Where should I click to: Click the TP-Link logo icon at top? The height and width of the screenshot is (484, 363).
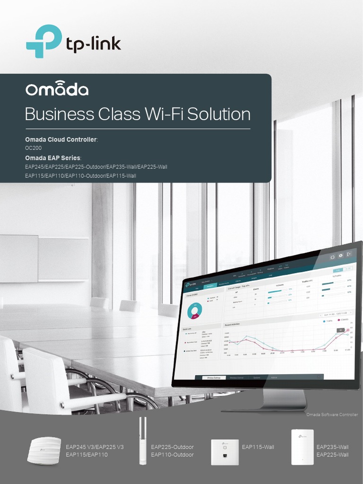[43, 41]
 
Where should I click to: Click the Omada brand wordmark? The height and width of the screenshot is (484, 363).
[57, 90]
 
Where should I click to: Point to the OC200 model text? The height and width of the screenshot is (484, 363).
[33, 148]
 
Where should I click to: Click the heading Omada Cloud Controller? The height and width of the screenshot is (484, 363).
[61, 140]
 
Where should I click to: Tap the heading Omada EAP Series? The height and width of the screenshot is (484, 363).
[53, 157]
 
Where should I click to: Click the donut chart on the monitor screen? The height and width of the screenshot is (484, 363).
[194, 311]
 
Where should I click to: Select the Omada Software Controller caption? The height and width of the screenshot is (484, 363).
[332, 415]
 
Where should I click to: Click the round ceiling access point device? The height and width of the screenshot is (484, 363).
[44, 450]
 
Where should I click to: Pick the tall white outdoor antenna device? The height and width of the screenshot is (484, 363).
[142, 441]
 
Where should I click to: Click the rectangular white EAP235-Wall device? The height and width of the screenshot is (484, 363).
[302, 447]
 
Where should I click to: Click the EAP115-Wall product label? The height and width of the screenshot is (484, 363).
[258, 447]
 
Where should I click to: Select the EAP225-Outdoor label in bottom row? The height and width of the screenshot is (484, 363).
[172, 447]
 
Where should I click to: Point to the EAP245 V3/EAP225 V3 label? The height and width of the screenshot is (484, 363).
[95, 447]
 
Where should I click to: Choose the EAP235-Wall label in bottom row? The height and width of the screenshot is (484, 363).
[332, 447]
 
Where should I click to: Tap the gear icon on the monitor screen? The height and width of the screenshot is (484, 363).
[340, 256]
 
